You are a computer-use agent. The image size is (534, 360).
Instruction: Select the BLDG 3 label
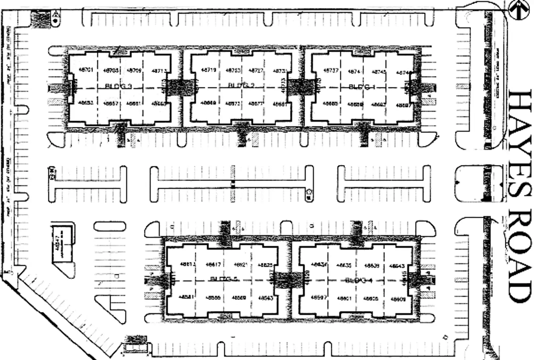pos(118,86)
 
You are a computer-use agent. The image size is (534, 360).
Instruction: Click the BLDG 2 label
pos(241,85)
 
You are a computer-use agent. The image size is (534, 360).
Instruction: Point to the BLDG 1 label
pos(362,87)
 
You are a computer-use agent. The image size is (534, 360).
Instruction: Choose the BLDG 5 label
pos(224,279)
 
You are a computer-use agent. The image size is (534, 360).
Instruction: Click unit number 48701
pos(86,70)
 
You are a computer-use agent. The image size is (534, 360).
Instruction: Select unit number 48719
pos(209,70)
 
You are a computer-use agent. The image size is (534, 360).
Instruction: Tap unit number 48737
pos(331,70)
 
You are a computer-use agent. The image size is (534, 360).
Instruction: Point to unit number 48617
pos(213,264)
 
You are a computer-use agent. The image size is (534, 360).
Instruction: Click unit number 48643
pos(397,266)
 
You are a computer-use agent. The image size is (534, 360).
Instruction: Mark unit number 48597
pos(318,297)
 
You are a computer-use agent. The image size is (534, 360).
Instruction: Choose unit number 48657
pos(111,104)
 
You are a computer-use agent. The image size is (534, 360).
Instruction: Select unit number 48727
pos(256,70)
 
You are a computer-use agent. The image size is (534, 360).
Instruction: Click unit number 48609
pos(398,299)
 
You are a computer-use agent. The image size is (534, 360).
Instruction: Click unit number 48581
pos(187,296)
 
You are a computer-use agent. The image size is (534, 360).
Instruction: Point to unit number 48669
pos(208,103)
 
